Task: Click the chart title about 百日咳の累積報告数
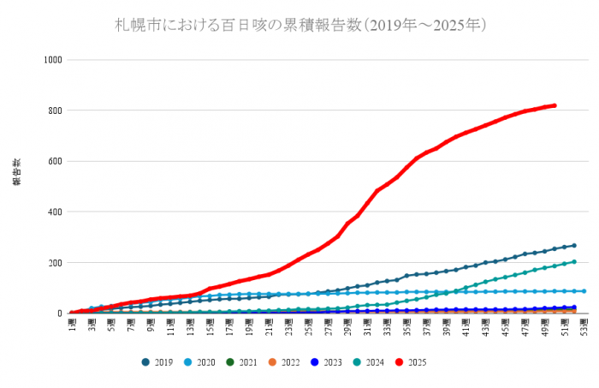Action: (x=301, y=26)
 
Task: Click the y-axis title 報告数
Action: (x=16, y=172)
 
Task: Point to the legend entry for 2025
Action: (x=412, y=362)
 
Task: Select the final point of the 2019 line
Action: (x=574, y=246)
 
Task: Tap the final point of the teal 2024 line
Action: (x=574, y=262)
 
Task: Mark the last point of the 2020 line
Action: (x=584, y=291)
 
